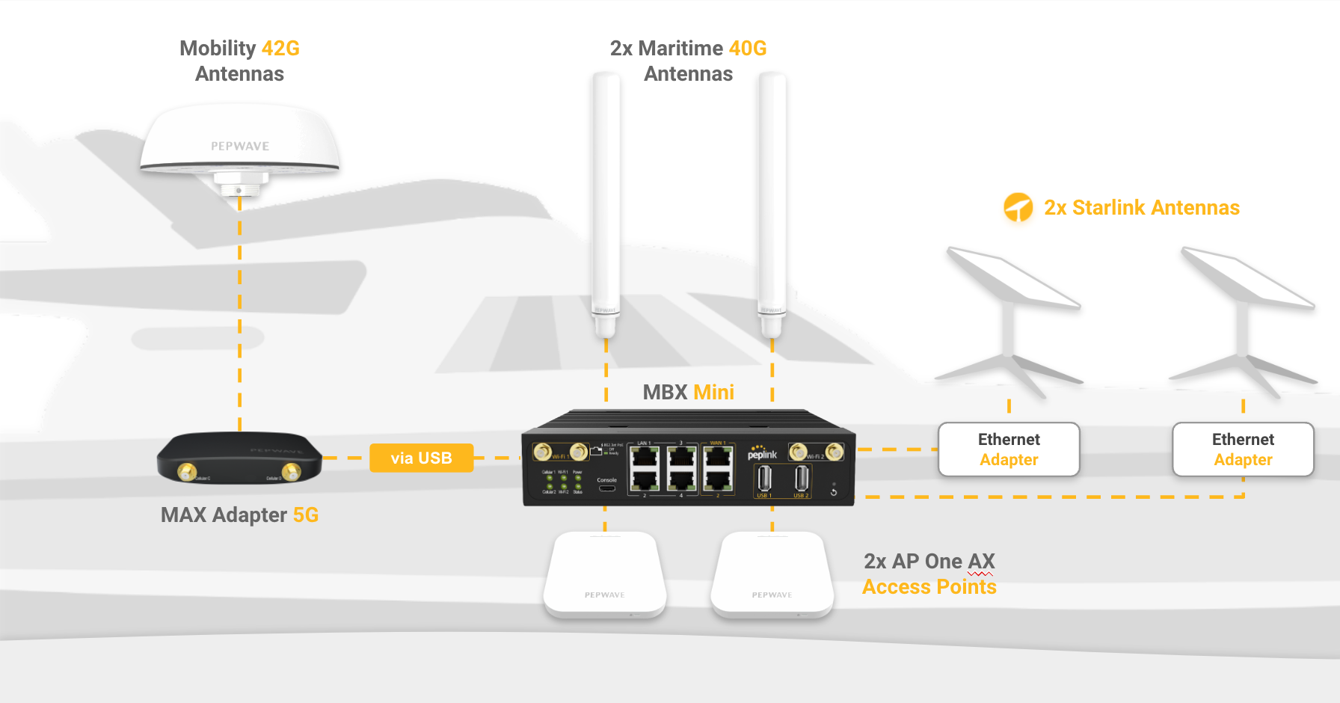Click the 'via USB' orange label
coord(421,458)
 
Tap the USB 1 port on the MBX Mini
coord(764,478)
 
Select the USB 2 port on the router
coord(801,478)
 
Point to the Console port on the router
coord(607,488)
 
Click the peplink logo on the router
coord(762,453)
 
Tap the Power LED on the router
coord(578,479)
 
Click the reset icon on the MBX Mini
coord(834,492)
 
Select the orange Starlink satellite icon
coord(1018,207)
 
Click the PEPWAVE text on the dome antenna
coord(240,146)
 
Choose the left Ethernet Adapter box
coord(1009,449)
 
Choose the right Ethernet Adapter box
coord(1243,449)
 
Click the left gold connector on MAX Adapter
coord(186,472)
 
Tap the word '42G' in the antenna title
coord(280,49)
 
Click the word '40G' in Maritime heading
coord(747,49)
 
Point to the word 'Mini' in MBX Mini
coord(713,392)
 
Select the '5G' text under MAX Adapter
coord(305,515)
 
